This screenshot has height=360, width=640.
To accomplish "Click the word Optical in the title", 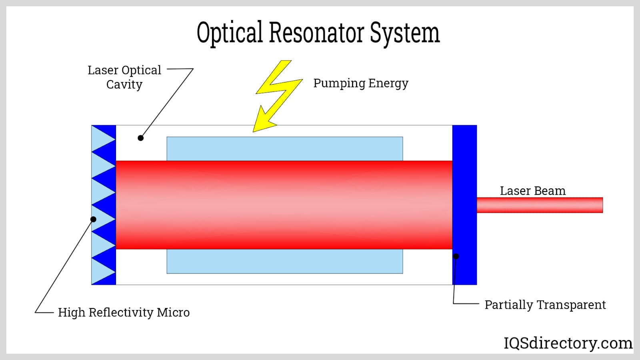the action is pos(230,33).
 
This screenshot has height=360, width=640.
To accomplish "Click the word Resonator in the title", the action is pos(316,32).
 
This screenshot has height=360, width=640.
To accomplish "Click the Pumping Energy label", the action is pos(361,84).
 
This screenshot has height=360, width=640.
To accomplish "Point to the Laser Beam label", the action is pos(532,190).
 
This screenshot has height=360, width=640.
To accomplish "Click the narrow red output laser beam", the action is pos(540,205).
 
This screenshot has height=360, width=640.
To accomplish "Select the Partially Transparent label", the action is pos(545,305).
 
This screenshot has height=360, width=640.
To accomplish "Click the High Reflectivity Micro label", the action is pos(124,312).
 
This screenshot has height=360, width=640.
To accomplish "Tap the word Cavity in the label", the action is pos(124,84).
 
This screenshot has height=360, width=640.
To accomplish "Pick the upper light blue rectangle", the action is pos(285,148).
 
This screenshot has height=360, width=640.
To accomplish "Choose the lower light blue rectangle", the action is pos(285,261).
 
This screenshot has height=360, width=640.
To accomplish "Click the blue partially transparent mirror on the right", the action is pos(464,205).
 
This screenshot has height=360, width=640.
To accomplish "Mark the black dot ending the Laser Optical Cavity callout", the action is pos(140,138).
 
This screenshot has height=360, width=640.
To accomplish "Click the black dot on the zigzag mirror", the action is pos(93,219).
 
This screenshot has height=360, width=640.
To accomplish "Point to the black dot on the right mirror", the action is pos(456,256).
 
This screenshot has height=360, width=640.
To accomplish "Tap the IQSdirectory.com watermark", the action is pos(568,343).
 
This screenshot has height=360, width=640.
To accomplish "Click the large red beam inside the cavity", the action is pos(284,205).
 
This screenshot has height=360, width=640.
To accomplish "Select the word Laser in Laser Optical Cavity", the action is pos(103,70).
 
